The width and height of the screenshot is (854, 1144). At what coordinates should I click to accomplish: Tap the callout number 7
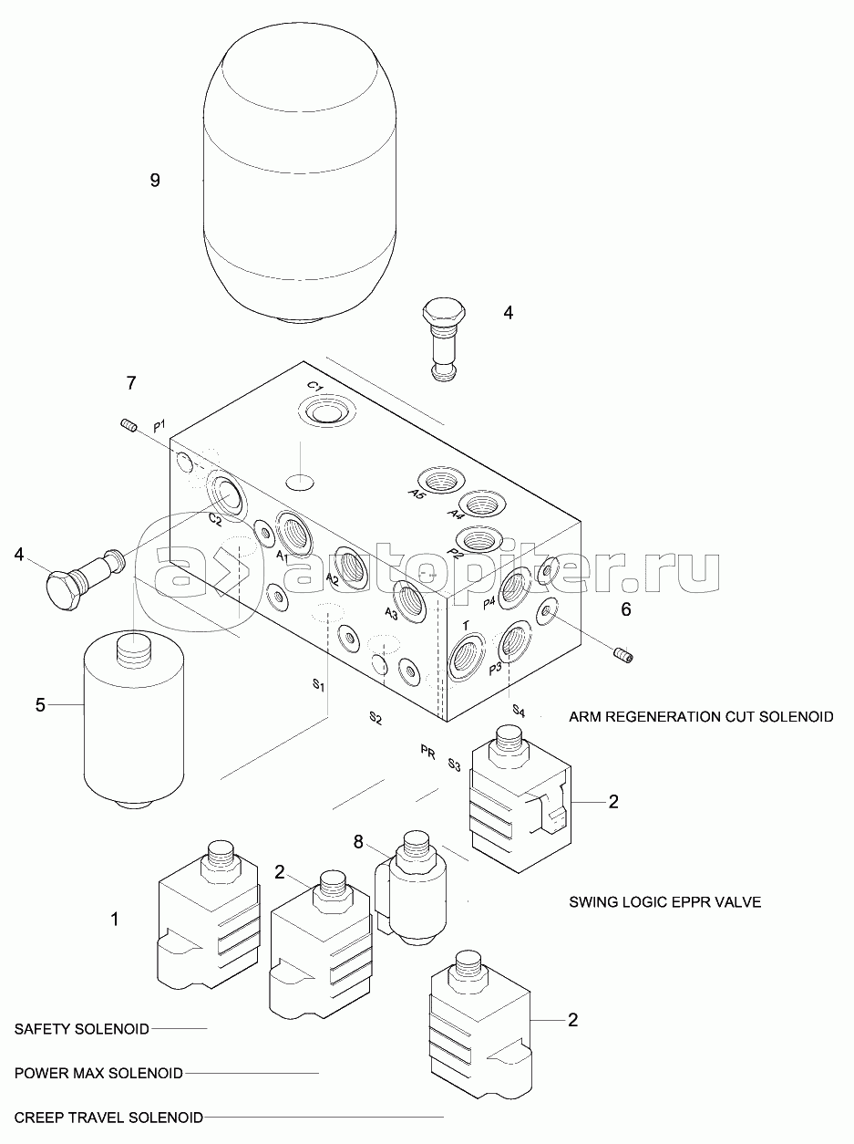(131, 383)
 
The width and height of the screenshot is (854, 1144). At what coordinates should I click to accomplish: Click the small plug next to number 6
(623, 654)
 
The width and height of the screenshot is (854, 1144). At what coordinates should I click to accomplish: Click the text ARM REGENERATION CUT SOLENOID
(700, 716)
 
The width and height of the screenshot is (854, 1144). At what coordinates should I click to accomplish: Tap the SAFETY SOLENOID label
(82, 1029)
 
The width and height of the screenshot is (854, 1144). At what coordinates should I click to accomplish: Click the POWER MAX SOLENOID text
(98, 1073)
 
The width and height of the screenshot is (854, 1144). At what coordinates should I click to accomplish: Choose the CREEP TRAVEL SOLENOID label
(108, 1117)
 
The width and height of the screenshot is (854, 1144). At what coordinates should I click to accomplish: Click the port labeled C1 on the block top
(324, 411)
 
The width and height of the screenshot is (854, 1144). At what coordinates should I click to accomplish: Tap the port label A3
(391, 612)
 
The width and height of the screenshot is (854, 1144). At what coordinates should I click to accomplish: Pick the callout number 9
(155, 180)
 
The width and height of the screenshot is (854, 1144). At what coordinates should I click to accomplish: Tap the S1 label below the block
(319, 686)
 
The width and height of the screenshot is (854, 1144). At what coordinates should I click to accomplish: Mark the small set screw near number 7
(129, 423)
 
